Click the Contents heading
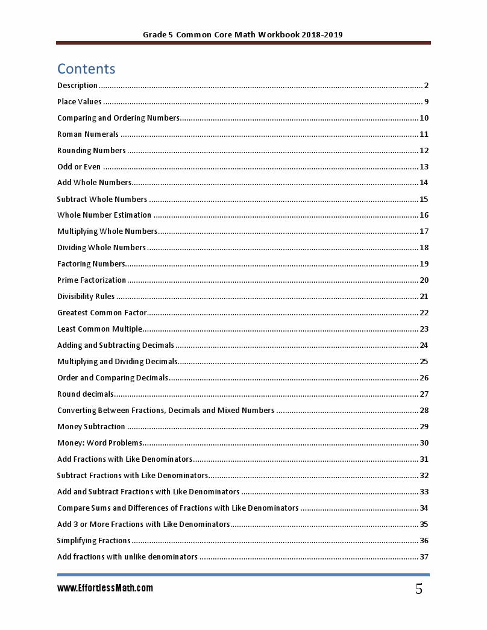[x=86, y=68]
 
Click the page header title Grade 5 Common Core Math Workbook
[x=243, y=35]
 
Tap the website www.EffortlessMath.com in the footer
[x=105, y=588]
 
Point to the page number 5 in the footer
[x=418, y=590]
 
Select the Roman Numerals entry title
[x=88, y=134]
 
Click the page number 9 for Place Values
[x=426, y=102]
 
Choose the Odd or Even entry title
[x=79, y=167]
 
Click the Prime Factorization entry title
[x=92, y=280]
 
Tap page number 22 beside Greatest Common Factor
[x=424, y=313]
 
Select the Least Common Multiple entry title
[x=99, y=329]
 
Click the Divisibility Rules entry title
[x=86, y=297]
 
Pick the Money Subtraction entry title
[x=91, y=427]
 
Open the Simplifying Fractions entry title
[x=93, y=541]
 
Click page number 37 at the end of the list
[x=424, y=557]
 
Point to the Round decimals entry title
[x=85, y=394]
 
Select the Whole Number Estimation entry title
[x=104, y=215]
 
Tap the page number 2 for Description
[x=426, y=86]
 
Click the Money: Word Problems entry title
[x=99, y=443]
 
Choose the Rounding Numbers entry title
[x=92, y=151]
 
